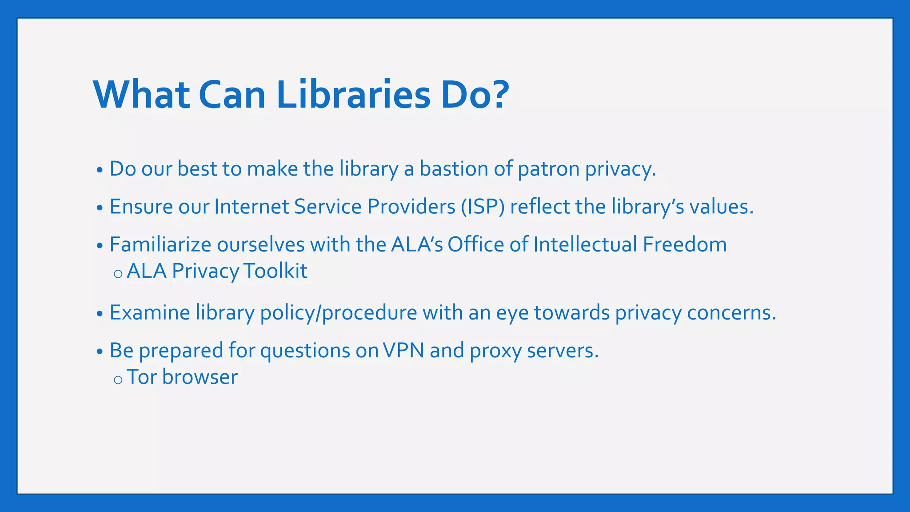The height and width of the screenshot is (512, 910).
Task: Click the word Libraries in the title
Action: [x=353, y=95]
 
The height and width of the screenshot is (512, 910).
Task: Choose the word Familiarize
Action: [x=160, y=244]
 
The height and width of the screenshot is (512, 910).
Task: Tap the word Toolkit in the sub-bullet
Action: [x=275, y=271]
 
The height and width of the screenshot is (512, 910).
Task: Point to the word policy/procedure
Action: [x=339, y=313]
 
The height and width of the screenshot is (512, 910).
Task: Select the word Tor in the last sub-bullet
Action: [x=142, y=377]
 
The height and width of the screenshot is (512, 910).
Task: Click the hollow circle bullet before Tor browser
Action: [x=118, y=380]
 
